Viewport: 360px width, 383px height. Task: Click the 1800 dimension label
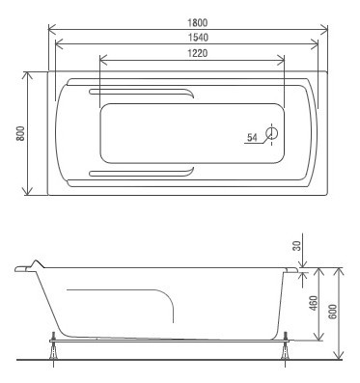tap(197, 22)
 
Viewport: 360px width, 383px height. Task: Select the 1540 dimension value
tap(197, 38)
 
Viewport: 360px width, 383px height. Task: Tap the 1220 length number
tap(197, 53)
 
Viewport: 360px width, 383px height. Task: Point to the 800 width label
tap(20, 133)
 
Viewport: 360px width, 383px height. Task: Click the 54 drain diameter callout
tap(252, 138)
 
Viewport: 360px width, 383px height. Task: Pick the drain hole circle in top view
tap(272, 133)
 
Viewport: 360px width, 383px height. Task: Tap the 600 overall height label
tap(333, 312)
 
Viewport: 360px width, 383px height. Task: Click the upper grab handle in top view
tap(142, 91)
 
